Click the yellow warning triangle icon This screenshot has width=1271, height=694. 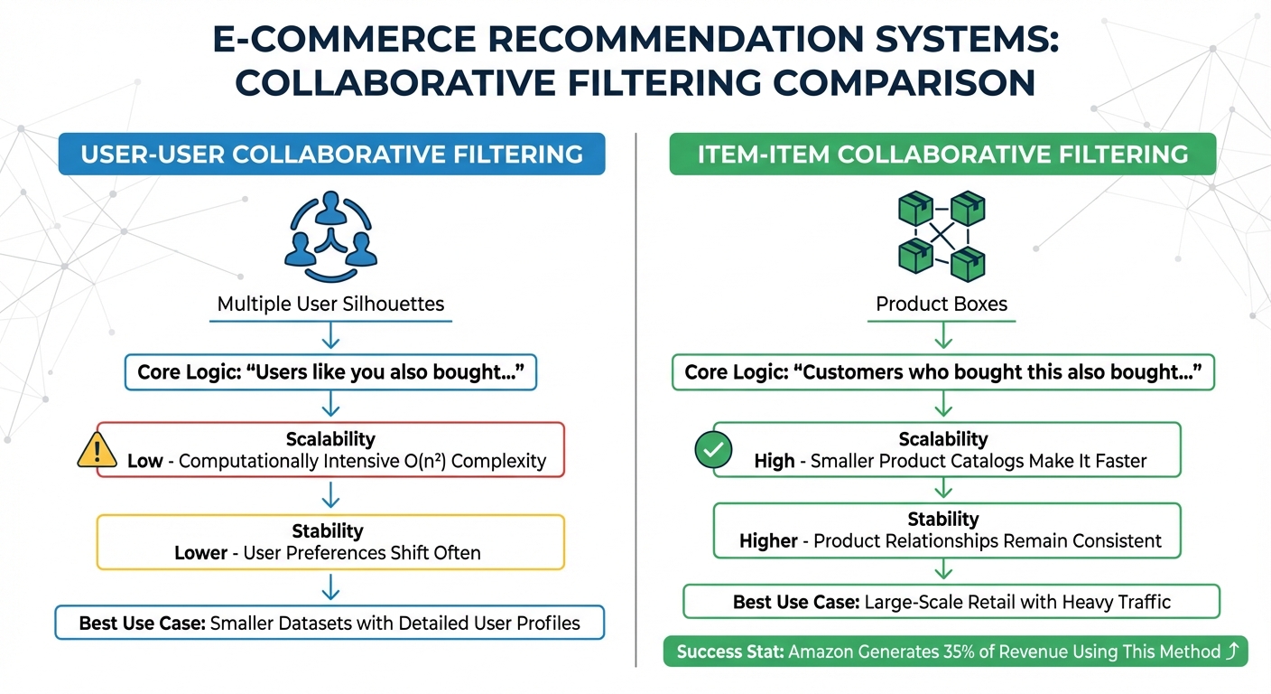98,449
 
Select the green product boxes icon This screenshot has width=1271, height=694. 942,235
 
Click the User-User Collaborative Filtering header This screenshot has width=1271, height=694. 331,155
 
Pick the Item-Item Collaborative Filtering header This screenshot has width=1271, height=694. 942,155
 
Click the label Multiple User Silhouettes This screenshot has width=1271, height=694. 330,304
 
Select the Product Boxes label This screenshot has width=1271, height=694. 942,304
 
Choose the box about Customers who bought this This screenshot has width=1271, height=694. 942,372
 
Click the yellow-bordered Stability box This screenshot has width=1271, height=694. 330,541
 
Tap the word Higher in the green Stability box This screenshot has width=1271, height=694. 768,541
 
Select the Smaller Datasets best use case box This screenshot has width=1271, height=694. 329,623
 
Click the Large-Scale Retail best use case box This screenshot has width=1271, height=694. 951,602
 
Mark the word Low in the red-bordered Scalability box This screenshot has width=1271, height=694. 145,461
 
